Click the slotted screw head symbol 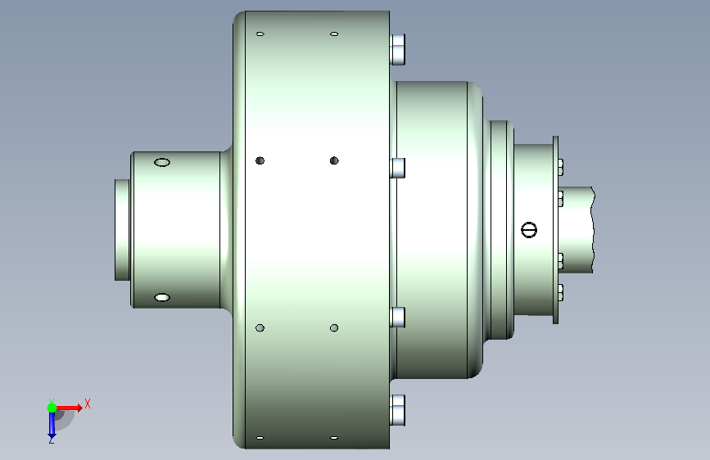pyautogui.click(x=529, y=229)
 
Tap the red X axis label pyautogui.click(x=88, y=404)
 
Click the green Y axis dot pyautogui.click(x=52, y=408)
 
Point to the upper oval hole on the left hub pyautogui.click(x=162, y=162)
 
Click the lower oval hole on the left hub pyautogui.click(x=162, y=297)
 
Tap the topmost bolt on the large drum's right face pyautogui.click(x=397, y=49)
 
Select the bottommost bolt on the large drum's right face pyautogui.click(x=397, y=410)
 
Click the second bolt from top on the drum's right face pyautogui.click(x=397, y=168)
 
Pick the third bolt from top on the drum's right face pyautogui.click(x=397, y=317)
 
